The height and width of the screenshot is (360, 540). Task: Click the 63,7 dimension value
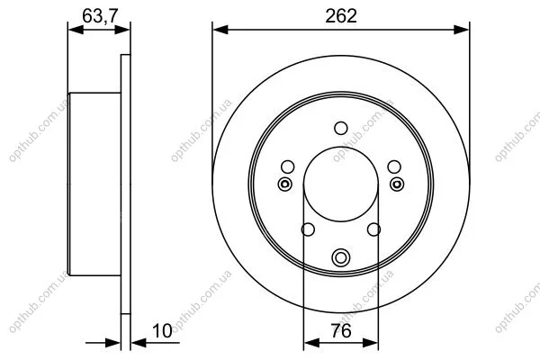(100, 16)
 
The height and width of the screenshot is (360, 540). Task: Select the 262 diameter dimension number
(341, 16)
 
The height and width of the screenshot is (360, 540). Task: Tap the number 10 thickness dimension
(162, 331)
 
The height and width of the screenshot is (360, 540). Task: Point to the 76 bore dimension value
(341, 331)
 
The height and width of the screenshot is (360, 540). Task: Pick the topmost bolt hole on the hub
(341, 128)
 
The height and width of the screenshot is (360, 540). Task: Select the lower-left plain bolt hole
(308, 229)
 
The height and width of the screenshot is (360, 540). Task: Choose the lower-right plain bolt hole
(374, 229)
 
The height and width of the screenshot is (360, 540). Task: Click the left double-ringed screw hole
(284, 184)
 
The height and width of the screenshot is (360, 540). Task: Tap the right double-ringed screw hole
(397, 184)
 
